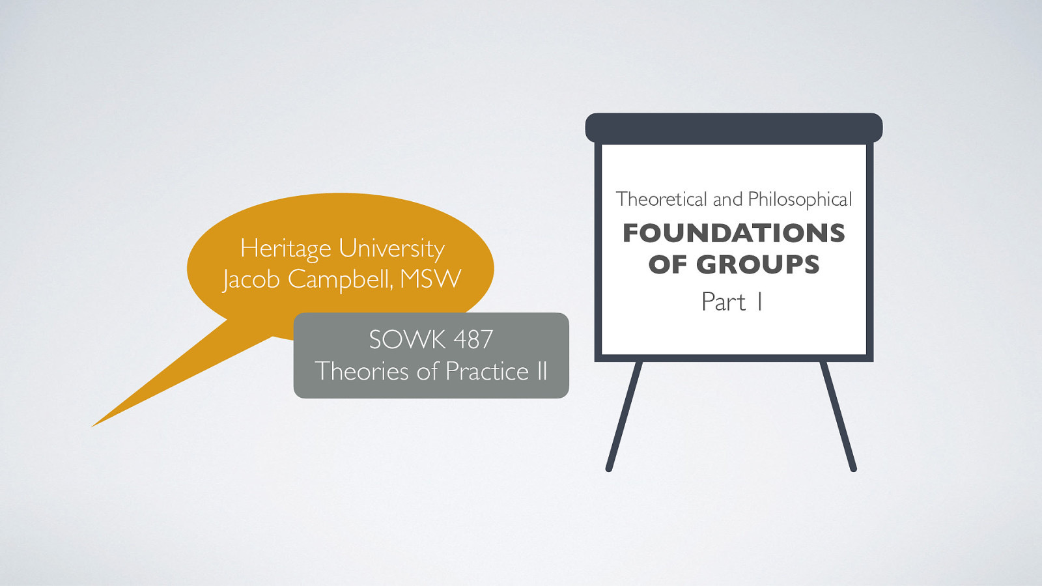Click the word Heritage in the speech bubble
(285, 249)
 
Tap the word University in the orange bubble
(392, 249)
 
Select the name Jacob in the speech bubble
(251, 280)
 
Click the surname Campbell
(340, 279)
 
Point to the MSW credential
(430, 279)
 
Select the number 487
(473, 340)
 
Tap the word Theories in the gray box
(362, 371)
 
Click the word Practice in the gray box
(487, 371)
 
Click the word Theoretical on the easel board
(661, 199)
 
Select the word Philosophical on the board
(800, 199)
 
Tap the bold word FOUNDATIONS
(734, 233)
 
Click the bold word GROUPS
(758, 264)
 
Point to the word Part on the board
(723, 302)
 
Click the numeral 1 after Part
(759, 302)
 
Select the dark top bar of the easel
(734, 128)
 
